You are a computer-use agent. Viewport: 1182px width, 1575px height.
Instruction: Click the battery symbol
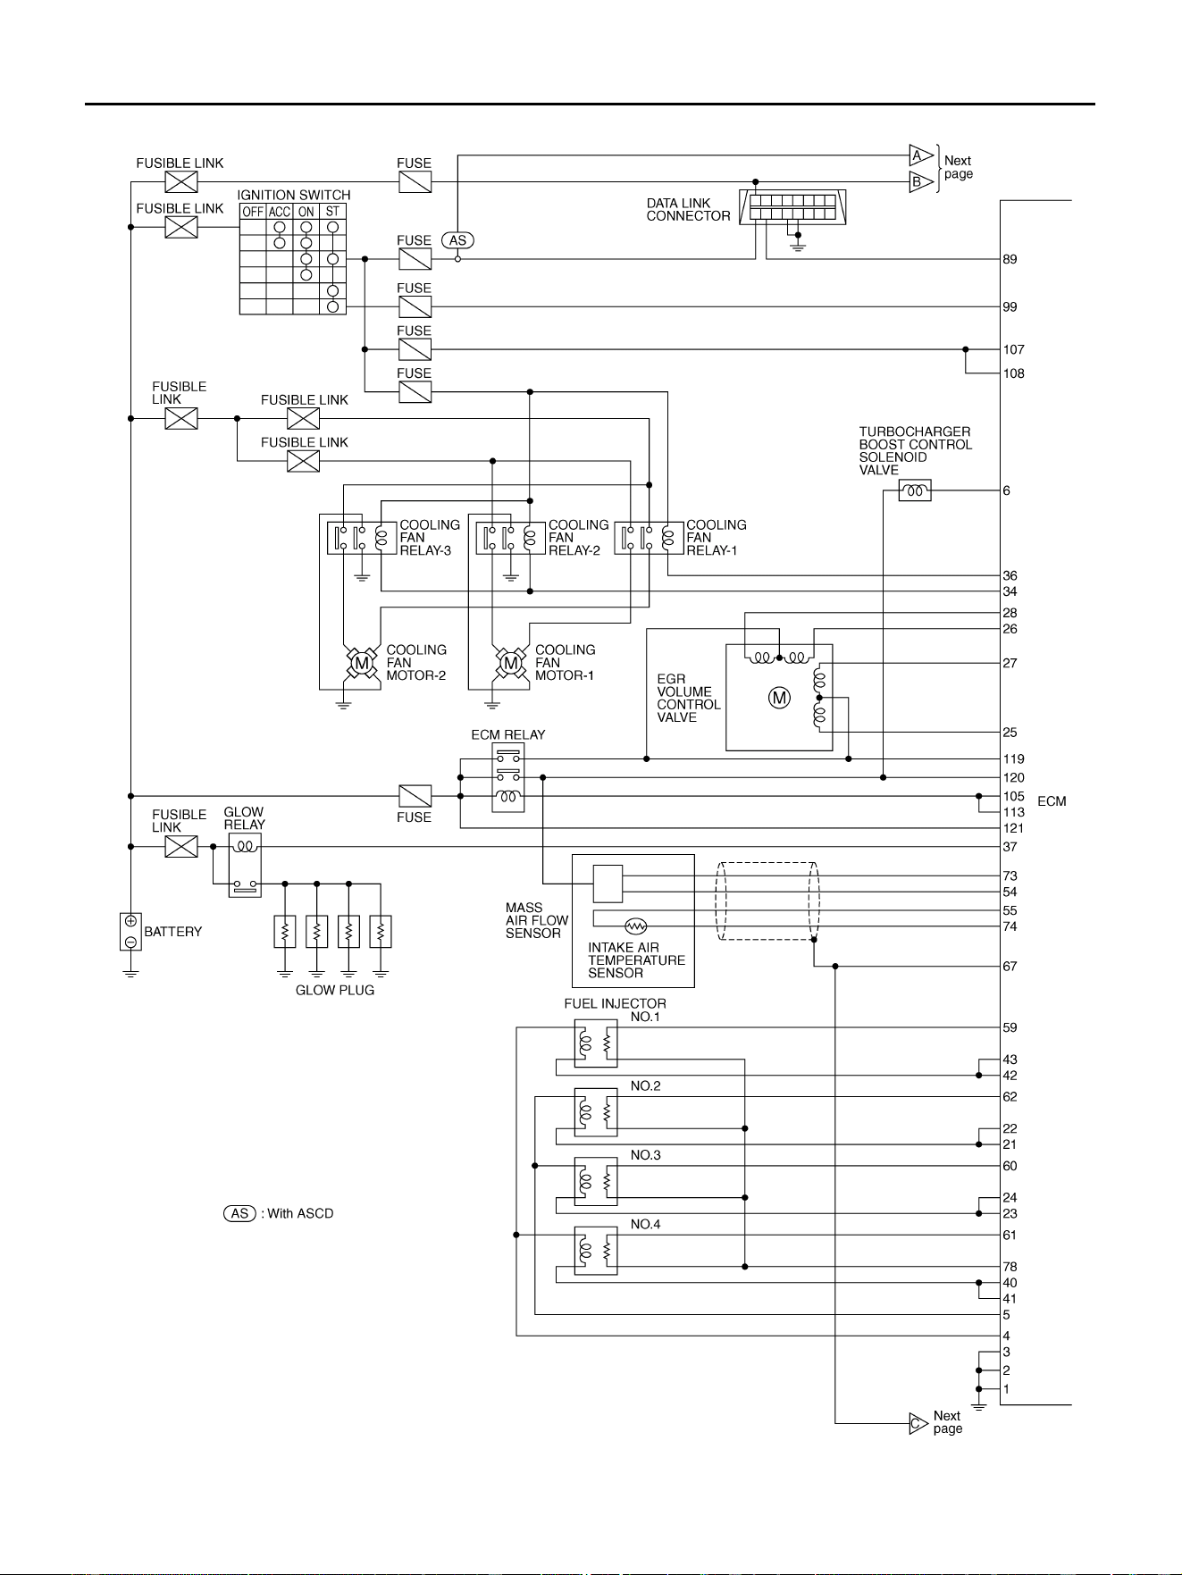pyautogui.click(x=130, y=932)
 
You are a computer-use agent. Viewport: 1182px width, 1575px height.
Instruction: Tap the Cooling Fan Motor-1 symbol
pyautogui.click(x=510, y=663)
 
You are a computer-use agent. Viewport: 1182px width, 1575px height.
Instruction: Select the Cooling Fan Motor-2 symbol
pyautogui.click(x=361, y=663)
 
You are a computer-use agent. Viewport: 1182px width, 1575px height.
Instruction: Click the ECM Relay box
pyautogui.click(x=508, y=777)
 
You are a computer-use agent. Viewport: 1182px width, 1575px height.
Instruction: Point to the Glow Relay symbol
pyautogui.click(x=245, y=866)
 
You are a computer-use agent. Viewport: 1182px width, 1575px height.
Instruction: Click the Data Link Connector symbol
pyautogui.click(x=792, y=207)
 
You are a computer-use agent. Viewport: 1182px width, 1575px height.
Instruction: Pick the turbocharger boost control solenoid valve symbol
pyautogui.click(x=914, y=490)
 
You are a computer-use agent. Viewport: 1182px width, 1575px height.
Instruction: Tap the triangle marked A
pyautogui.click(x=920, y=155)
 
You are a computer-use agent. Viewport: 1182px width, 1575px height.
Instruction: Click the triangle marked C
pyautogui.click(x=918, y=1423)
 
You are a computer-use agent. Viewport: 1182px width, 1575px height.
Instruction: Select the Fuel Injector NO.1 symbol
pyautogui.click(x=595, y=1043)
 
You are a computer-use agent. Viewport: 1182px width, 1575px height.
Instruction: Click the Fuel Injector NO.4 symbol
pyautogui.click(x=595, y=1251)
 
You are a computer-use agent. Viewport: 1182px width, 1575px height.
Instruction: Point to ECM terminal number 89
pyautogui.click(x=1010, y=259)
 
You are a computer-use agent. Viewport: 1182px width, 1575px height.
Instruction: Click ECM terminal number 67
pyautogui.click(x=1010, y=966)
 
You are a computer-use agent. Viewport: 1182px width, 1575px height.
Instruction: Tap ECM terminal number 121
pyautogui.click(x=1013, y=828)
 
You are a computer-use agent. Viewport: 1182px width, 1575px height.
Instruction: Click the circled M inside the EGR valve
pyautogui.click(x=779, y=698)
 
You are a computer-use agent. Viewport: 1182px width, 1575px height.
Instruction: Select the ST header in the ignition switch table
pyautogui.click(x=332, y=212)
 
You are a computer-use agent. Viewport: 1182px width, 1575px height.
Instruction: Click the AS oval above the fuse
pyautogui.click(x=457, y=240)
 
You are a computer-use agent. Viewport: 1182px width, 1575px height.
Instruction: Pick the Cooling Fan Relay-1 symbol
pyautogui.click(x=647, y=538)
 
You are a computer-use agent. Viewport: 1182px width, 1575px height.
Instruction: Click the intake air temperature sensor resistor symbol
pyautogui.click(x=636, y=926)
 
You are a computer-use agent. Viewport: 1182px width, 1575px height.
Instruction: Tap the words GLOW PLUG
pyautogui.click(x=335, y=990)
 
